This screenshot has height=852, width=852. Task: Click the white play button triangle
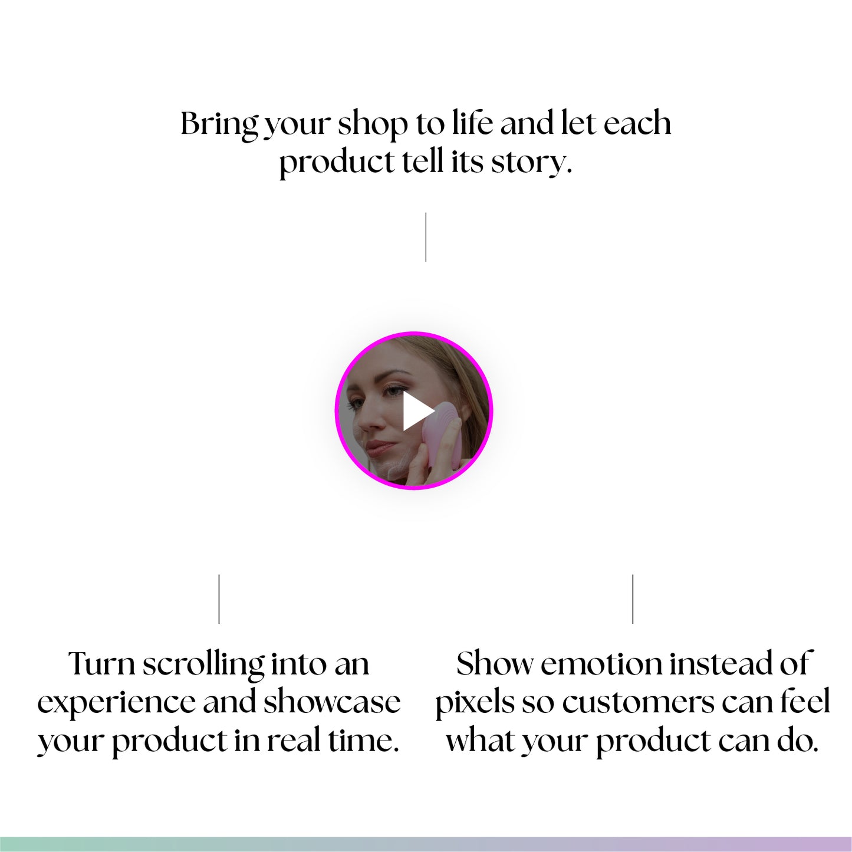[x=416, y=411]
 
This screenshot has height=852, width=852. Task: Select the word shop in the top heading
[x=373, y=125]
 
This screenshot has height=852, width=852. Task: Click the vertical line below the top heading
[x=426, y=237]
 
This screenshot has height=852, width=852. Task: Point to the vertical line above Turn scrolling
[x=219, y=598]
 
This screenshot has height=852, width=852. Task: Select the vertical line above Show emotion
[x=633, y=598]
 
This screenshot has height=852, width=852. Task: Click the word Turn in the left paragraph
[x=101, y=665]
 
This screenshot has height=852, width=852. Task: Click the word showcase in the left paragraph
[x=332, y=702]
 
